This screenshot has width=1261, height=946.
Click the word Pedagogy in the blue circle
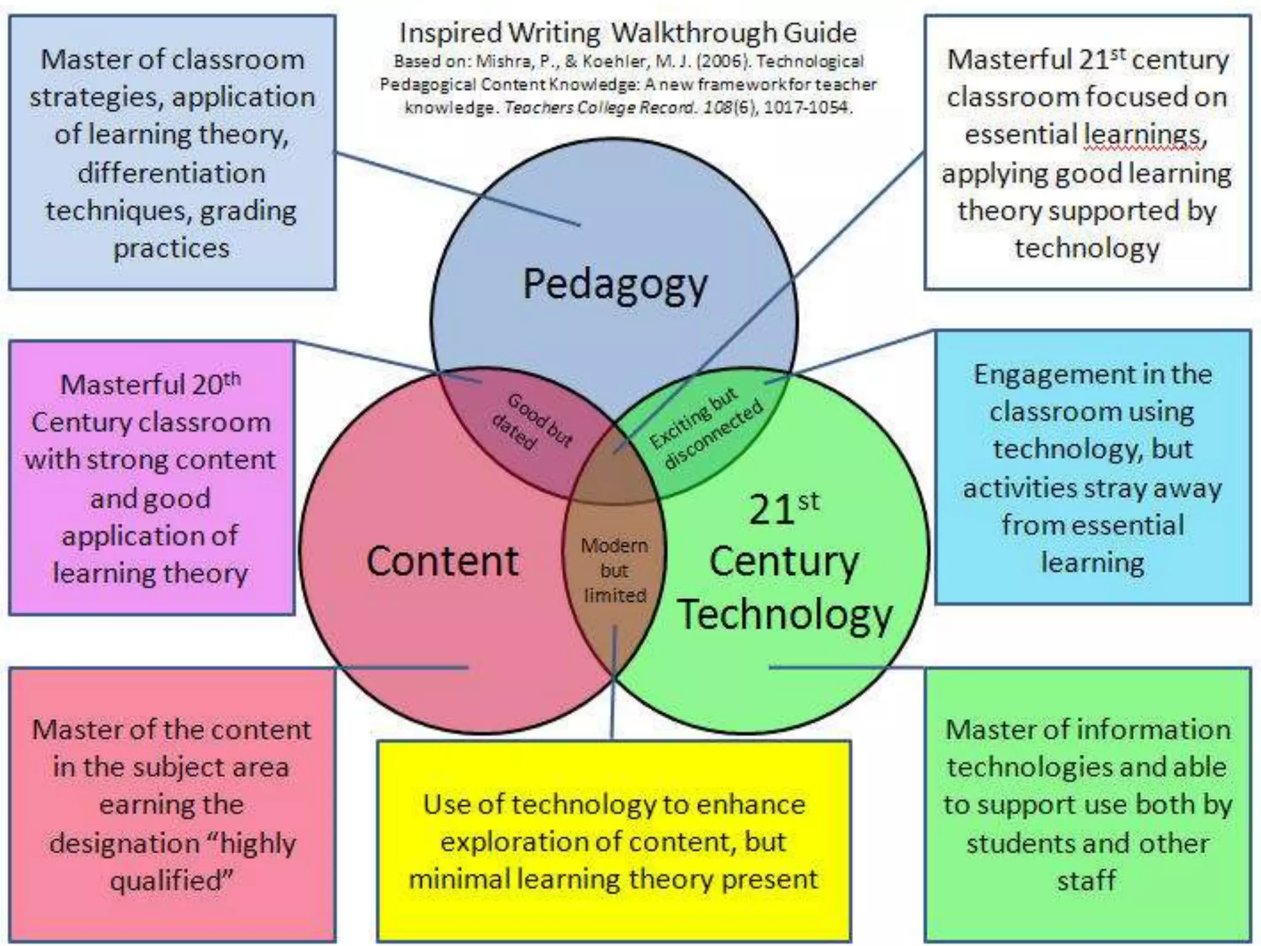pos(615,285)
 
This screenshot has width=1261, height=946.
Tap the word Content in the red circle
pos(442,561)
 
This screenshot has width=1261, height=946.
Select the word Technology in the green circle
pos(784,615)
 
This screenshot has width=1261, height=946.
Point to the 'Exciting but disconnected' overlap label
pos(706,427)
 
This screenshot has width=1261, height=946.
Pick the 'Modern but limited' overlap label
pos(614,570)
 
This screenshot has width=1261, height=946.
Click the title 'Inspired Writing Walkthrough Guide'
pos(627,33)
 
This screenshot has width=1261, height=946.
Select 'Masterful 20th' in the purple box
pos(150,385)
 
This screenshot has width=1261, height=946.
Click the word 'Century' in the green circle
pos(783,561)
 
